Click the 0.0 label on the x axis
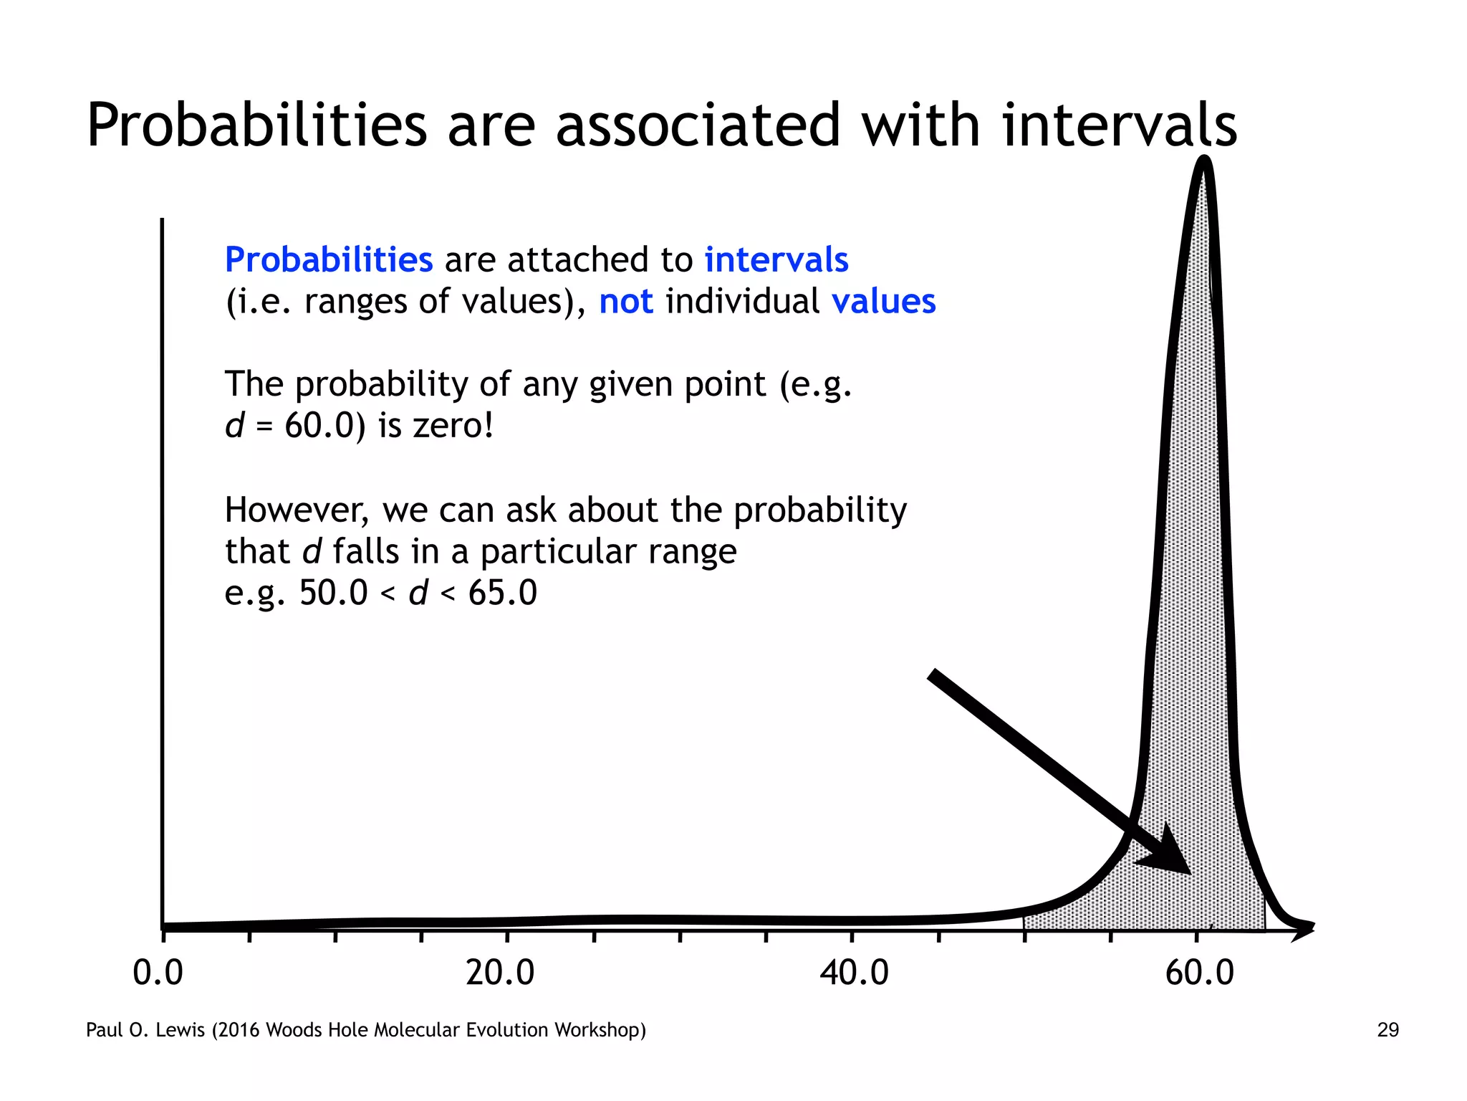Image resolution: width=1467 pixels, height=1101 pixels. (158, 973)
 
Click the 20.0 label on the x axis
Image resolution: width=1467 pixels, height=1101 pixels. (500, 973)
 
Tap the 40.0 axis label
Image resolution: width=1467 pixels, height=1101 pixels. (854, 973)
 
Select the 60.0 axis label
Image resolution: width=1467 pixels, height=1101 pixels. (1200, 973)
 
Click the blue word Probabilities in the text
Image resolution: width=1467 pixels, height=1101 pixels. (329, 260)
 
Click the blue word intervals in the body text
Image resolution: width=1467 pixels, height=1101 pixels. (776, 260)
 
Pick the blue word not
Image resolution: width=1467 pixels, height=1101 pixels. (625, 302)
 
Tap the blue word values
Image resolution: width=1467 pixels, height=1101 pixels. (883, 302)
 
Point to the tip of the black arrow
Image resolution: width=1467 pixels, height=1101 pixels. (1189, 873)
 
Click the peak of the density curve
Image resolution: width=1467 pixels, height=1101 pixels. (1205, 161)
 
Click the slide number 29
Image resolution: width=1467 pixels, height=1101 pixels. (1387, 1030)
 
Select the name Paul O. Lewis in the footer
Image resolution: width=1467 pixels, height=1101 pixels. (145, 1030)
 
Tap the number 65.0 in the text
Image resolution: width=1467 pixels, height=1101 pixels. (502, 594)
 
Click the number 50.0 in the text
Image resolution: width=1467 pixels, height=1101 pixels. (333, 594)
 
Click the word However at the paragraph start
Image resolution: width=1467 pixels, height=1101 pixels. (297, 511)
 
